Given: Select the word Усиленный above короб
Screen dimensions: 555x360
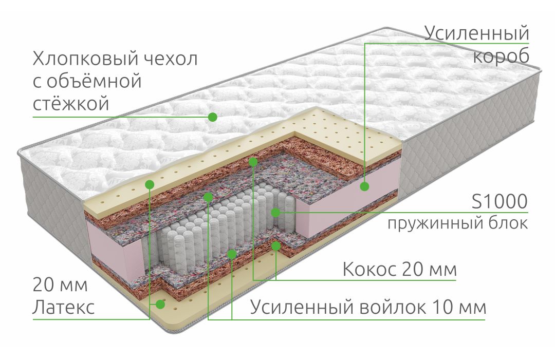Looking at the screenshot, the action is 476,33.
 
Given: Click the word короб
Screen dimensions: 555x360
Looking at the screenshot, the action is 501,56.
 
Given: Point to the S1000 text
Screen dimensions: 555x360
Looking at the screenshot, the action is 499,202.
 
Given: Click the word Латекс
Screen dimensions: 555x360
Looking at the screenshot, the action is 64,307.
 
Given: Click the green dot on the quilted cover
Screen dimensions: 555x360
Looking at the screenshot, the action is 212,117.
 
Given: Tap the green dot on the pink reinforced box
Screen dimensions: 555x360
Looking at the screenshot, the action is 365,186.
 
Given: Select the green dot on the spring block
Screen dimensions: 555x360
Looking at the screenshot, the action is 275,212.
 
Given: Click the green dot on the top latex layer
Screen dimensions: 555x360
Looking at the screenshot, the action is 150,184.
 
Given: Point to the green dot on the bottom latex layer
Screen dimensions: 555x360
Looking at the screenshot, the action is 161,304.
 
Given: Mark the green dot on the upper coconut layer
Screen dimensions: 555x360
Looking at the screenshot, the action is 253,162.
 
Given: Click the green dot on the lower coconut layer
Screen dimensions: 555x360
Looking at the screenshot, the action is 276,246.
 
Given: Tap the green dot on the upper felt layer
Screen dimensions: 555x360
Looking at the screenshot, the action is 208,197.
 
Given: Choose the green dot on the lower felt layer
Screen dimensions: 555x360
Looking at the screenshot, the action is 232,254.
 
